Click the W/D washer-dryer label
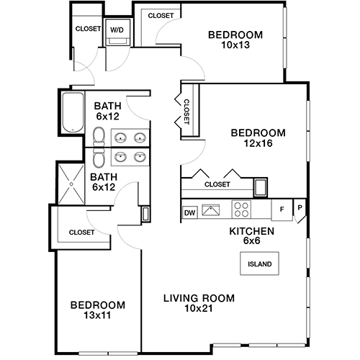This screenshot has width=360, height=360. coord(116,30)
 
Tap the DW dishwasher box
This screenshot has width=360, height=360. coord(190,212)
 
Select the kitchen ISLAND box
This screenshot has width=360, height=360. coord(259,264)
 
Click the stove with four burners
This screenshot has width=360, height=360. coord(240,210)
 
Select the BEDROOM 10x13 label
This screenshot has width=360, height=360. coord(235,40)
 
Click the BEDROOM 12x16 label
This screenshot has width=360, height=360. coord(258,138)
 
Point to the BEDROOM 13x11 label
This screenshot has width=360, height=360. coord(98,310)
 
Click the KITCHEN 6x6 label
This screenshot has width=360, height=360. coord(251,235)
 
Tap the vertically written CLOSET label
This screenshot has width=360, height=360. coord(186,112)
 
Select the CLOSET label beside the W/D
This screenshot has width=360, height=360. coord(87,30)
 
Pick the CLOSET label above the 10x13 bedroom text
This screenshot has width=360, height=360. coord(159,15)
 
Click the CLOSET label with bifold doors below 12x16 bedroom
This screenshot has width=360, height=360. coord(217,184)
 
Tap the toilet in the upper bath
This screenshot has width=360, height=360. coord(98,136)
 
